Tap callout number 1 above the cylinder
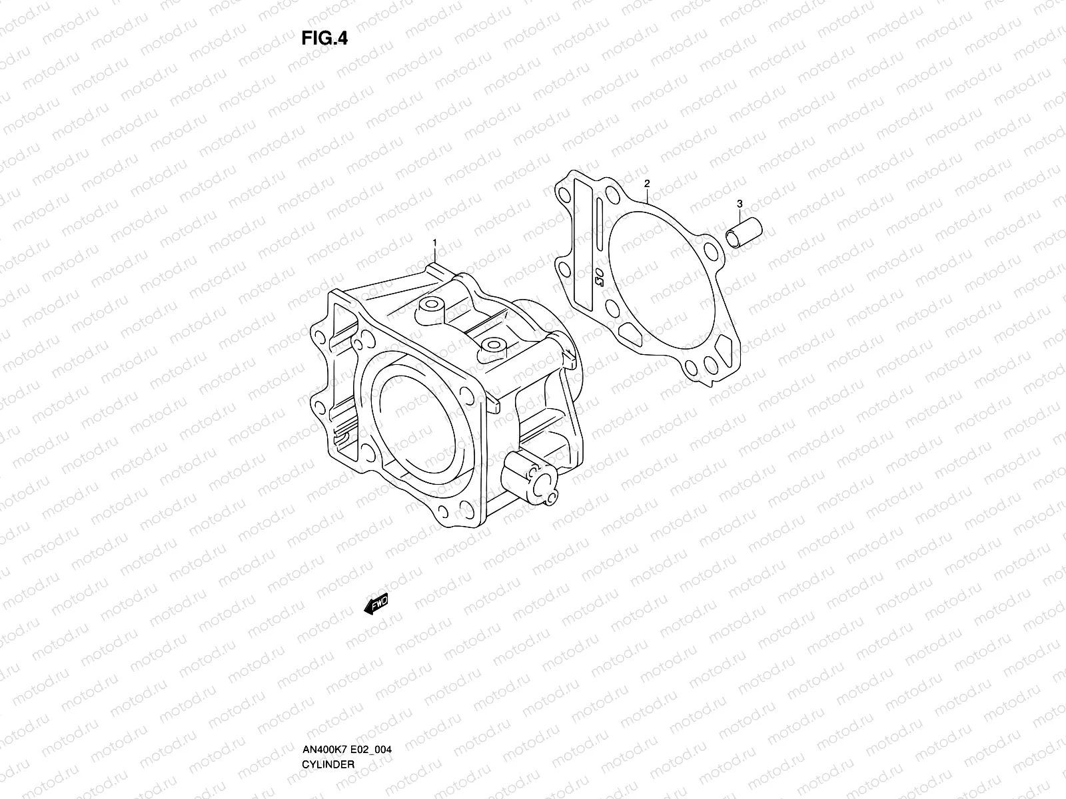[x=434, y=242]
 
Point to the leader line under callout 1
[x=434, y=256]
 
